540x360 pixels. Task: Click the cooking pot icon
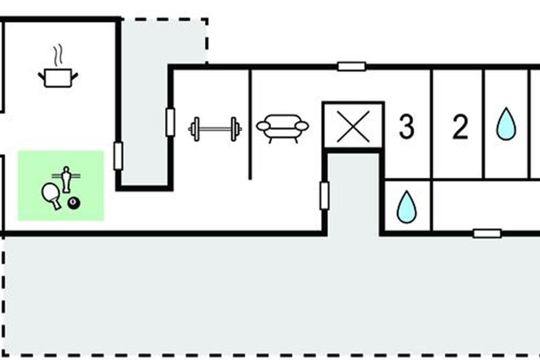tap(58, 78)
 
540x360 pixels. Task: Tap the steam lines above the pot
tap(58, 55)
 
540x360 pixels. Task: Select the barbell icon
tap(215, 129)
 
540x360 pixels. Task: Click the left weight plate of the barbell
tap(196, 129)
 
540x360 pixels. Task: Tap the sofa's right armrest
tap(302, 126)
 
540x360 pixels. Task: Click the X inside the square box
tap(353, 126)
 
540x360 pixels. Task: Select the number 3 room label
tap(407, 127)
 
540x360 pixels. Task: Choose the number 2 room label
tap(460, 127)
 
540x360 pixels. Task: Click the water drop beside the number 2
tap(506, 124)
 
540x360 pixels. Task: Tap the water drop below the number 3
tap(407, 207)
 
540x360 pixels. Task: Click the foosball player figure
tap(66, 180)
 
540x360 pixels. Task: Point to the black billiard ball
tap(74, 203)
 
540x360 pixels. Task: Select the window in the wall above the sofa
tap(352, 67)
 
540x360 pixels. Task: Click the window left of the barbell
tap(171, 122)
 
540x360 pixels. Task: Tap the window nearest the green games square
tap(118, 156)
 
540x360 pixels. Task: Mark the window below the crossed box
tap(324, 196)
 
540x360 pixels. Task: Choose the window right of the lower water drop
tap(487, 234)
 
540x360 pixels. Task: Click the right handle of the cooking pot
tap(75, 76)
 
